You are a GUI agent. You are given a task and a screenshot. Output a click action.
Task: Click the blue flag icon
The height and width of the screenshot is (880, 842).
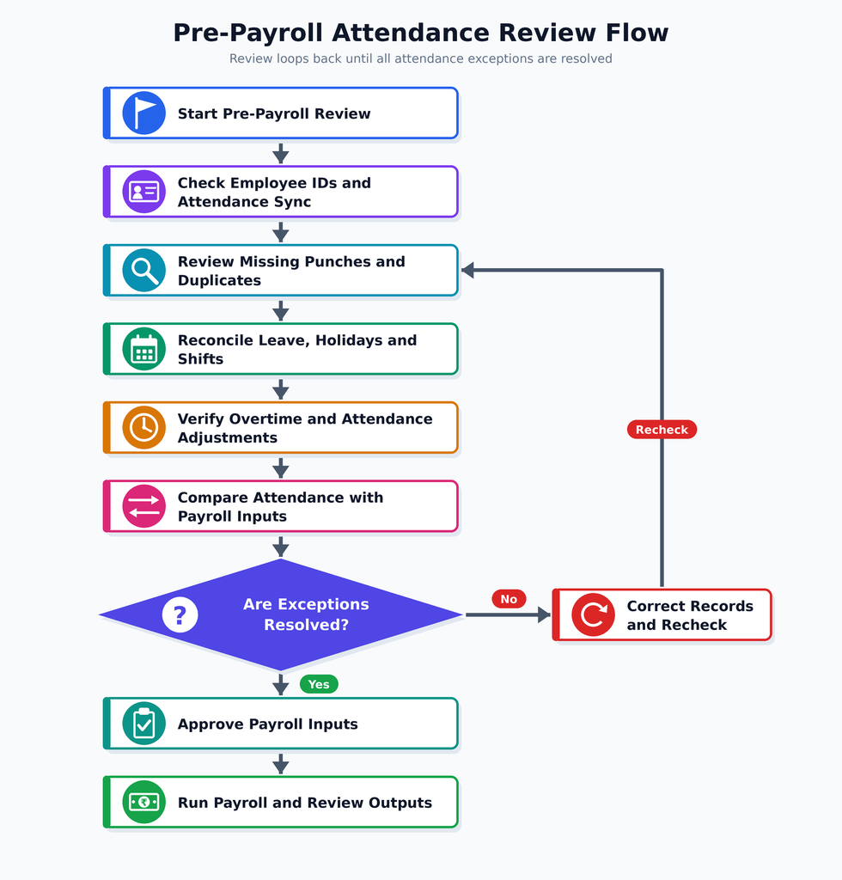[144, 113]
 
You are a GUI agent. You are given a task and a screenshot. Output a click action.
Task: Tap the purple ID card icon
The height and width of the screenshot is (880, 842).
[144, 192]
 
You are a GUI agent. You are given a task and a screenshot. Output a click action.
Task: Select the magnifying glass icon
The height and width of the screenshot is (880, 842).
[144, 270]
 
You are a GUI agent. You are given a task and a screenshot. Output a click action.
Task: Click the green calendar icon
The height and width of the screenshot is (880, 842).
[144, 349]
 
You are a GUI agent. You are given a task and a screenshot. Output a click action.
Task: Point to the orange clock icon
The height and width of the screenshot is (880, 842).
[144, 427]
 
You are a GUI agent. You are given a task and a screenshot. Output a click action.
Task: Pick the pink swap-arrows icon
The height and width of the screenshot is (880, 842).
[144, 505]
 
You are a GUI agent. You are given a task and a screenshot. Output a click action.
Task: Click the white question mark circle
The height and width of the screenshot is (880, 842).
[180, 614]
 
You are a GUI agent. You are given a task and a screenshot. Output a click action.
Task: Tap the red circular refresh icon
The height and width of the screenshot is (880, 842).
[594, 614]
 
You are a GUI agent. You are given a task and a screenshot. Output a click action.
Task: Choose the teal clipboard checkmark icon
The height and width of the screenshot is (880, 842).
[144, 724]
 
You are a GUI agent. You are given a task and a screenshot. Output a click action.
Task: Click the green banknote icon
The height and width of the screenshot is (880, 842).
[144, 802]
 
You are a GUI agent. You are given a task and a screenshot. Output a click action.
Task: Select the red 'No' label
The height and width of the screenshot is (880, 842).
[509, 599]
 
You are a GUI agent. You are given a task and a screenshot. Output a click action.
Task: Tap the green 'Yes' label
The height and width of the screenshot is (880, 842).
[319, 684]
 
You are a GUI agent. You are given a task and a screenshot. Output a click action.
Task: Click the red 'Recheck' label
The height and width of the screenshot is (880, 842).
[662, 430]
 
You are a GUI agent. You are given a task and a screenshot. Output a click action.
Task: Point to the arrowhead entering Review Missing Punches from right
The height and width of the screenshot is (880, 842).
[468, 270]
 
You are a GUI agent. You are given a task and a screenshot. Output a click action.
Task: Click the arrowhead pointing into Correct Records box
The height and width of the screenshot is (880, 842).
[544, 614]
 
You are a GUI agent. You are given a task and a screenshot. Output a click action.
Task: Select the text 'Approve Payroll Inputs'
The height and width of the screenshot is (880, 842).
[267, 724]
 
